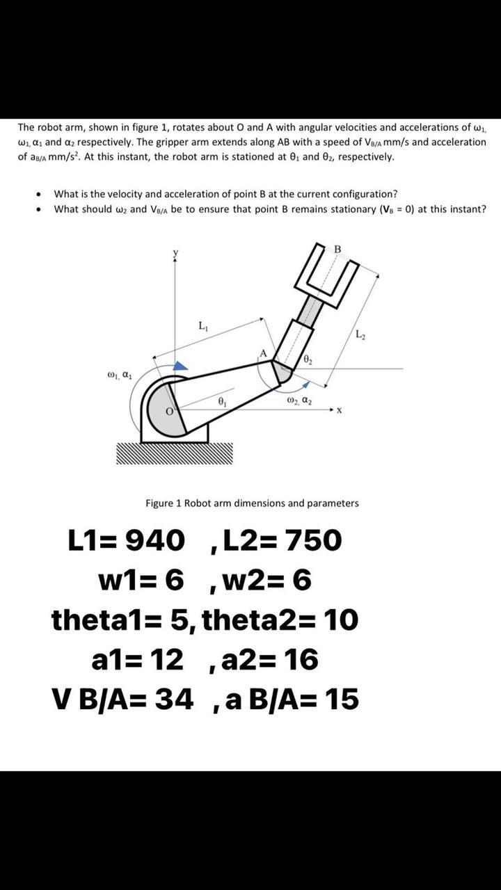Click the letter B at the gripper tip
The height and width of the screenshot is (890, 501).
point(337,249)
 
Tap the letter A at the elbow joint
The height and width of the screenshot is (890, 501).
point(263,353)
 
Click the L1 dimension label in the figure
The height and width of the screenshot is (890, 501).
point(202,325)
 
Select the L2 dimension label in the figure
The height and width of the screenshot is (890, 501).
point(359,334)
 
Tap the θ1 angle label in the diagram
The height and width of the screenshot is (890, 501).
point(222,401)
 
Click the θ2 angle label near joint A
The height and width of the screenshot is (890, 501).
point(308,359)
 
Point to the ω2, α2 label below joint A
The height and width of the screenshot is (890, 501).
point(299,400)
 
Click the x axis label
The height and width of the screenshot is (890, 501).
point(339,410)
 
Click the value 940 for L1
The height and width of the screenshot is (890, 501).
point(155,540)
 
